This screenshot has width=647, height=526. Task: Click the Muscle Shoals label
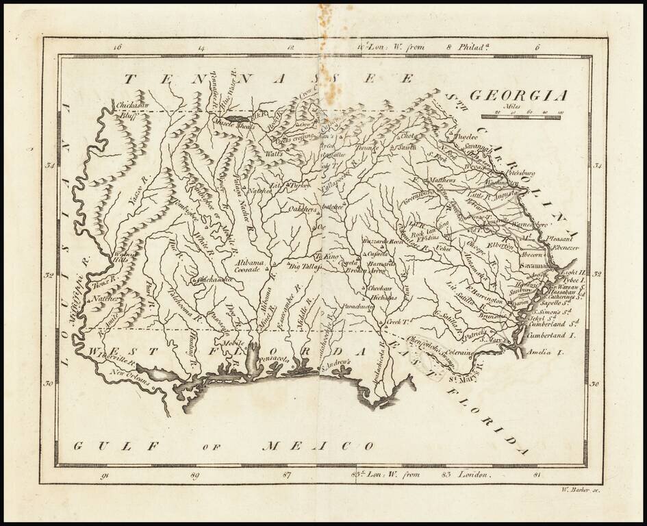click(x=236, y=125)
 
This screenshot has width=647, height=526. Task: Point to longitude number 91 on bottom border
click(x=104, y=473)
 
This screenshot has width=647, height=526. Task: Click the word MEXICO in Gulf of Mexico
click(x=319, y=447)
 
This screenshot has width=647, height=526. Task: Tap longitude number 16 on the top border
click(x=116, y=48)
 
